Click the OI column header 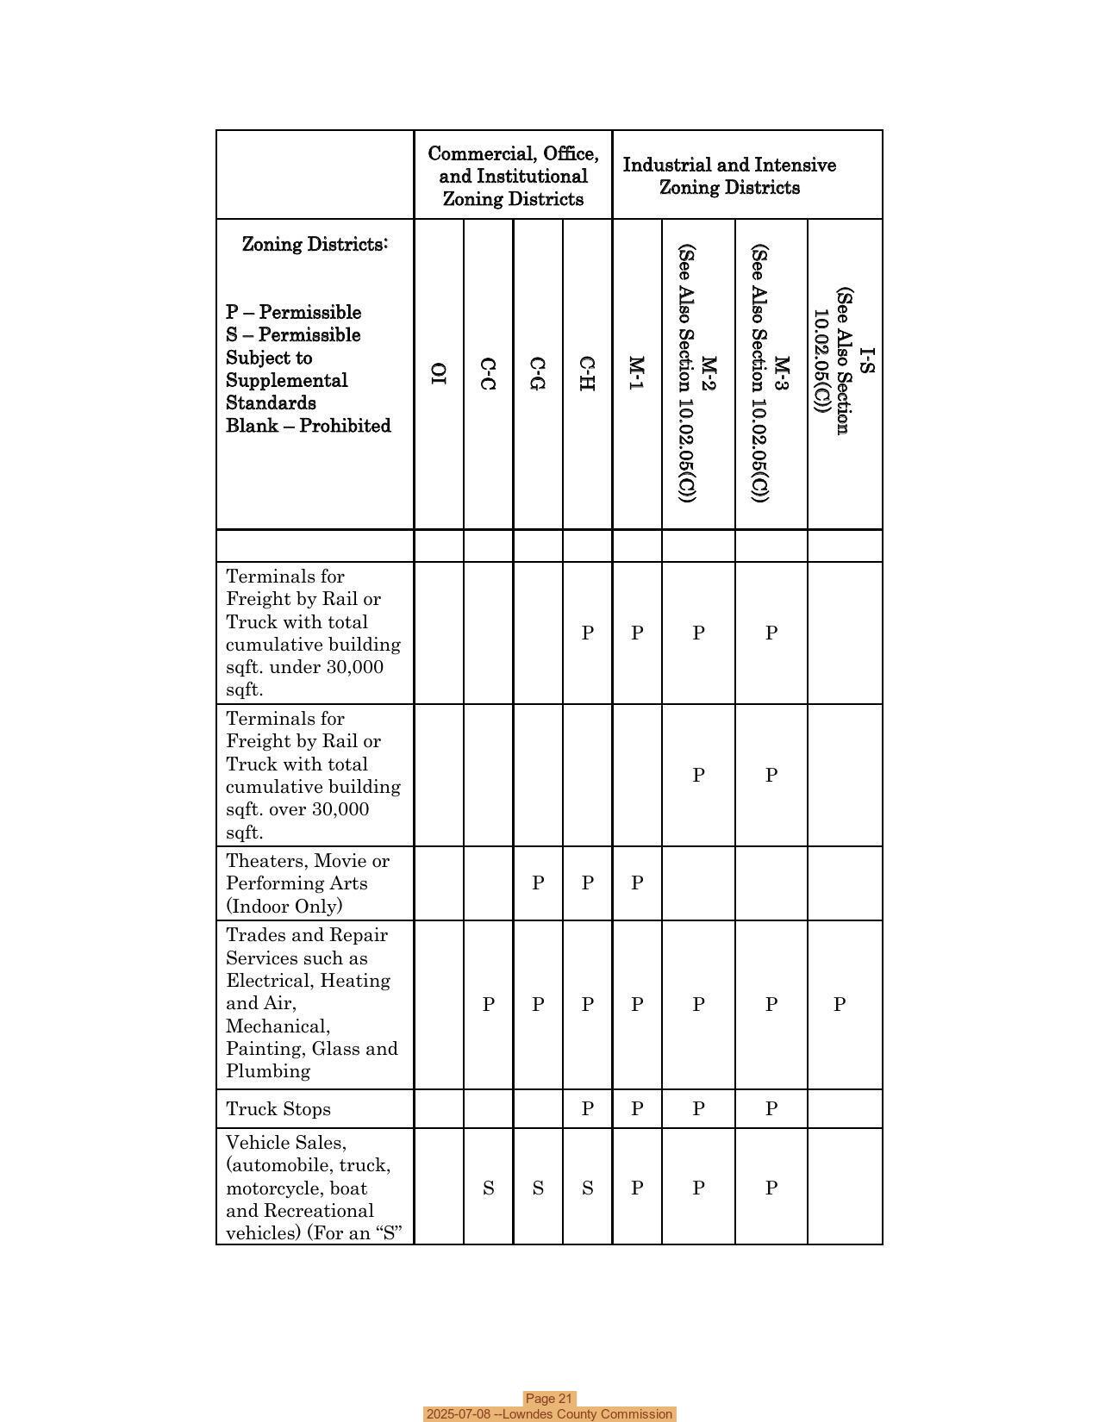coord(439,373)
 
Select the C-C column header coord(488,373)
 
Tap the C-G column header coord(538,373)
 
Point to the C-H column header coord(587,373)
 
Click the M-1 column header coord(636,373)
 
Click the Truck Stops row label coord(278,1109)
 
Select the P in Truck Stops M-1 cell coord(637,1109)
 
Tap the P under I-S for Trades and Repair coord(839,1004)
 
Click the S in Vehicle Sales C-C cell coord(488,1188)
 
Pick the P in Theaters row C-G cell coord(538,883)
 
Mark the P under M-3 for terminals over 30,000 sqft coord(771,775)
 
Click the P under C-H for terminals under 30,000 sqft coord(587,633)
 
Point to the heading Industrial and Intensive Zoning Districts coord(729,176)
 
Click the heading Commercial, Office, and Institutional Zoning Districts coord(513,176)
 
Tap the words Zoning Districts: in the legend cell coord(315,244)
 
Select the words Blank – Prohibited coord(309,426)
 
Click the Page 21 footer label coord(549,1399)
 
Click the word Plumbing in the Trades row coord(267,1071)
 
